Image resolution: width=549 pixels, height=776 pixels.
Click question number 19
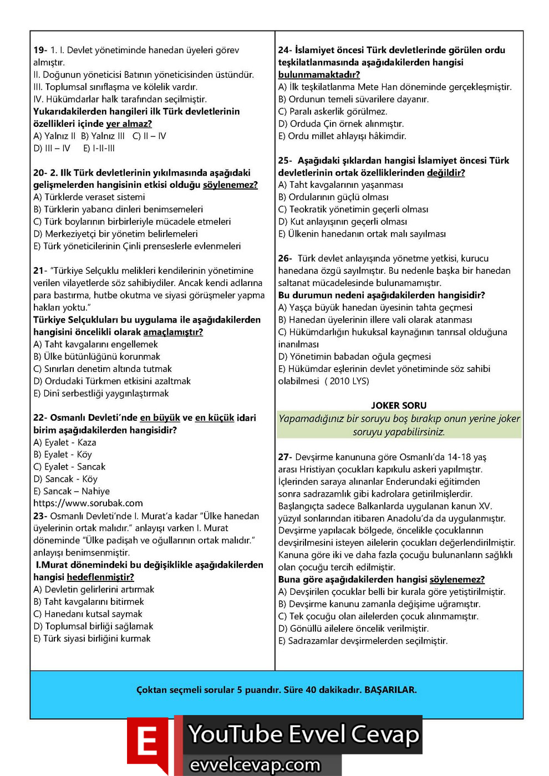click(x=40, y=50)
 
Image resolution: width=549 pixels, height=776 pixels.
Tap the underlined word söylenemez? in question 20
click(x=230, y=185)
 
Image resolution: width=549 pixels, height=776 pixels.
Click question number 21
click(x=40, y=271)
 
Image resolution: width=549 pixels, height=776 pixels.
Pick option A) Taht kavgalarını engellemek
click(x=95, y=344)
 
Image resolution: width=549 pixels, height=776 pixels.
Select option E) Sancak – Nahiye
click(x=72, y=492)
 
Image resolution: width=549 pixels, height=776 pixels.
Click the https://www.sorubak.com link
click(x=88, y=503)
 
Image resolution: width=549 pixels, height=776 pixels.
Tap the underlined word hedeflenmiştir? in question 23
click(x=100, y=578)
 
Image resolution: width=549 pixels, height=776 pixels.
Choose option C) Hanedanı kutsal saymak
click(x=88, y=614)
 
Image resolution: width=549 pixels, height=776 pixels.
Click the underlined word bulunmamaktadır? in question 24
click(x=319, y=75)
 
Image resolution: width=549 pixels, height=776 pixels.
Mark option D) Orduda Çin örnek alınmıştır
click(x=340, y=124)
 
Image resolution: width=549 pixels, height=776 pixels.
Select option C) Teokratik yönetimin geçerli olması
click(x=353, y=210)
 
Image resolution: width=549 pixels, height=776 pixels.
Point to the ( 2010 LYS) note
click(x=347, y=381)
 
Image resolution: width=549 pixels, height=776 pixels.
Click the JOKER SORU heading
click(x=399, y=406)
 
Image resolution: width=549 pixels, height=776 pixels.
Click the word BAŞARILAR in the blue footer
click(x=390, y=690)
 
